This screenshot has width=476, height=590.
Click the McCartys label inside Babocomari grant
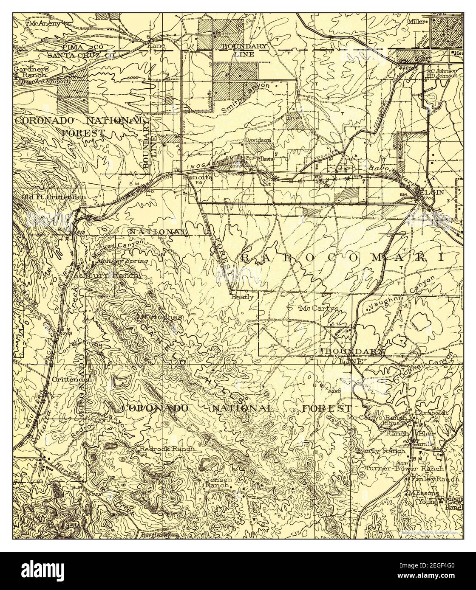(x=319, y=309)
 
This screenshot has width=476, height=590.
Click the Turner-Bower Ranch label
(x=404, y=469)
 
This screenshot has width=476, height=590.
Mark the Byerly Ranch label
(x=380, y=451)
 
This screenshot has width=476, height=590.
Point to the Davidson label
(x=257, y=140)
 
